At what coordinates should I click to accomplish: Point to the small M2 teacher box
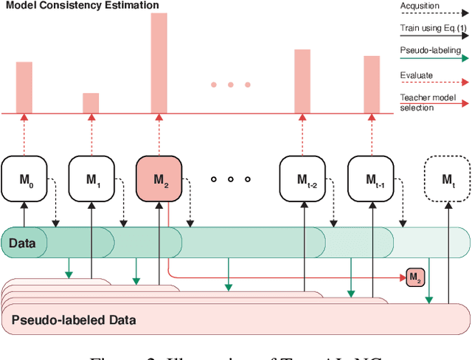[x=415, y=277]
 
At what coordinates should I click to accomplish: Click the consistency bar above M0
[x=24, y=87]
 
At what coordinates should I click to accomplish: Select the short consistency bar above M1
[x=91, y=103]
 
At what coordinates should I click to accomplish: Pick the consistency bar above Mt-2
[x=302, y=81]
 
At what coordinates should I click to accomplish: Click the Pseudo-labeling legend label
[x=430, y=51]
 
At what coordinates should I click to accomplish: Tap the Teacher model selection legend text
[x=428, y=103]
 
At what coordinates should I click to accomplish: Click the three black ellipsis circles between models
[x=230, y=179]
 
